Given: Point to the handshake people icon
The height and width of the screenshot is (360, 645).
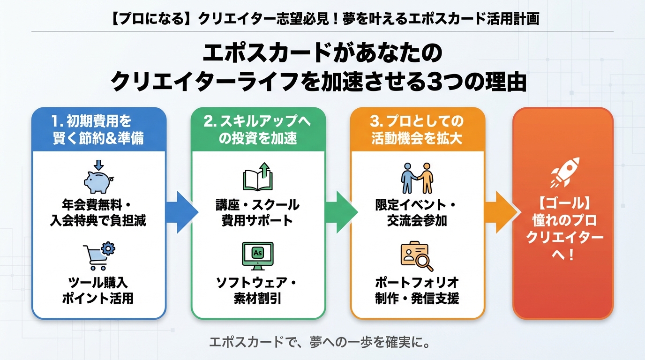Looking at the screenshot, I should coord(417,178).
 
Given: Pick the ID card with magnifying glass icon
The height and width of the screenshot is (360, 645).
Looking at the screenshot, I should coord(417,256).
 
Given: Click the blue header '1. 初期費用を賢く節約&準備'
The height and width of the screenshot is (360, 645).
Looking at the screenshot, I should coord(98,130).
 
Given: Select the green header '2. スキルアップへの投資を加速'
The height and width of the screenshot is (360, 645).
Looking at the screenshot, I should coord(257,130).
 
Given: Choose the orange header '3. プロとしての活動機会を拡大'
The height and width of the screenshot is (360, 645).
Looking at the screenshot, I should coord(417,130).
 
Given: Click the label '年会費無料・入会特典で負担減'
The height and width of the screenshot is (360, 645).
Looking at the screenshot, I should coord(98,213).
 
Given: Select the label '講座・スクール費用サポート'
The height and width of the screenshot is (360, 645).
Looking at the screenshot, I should coord(257,213).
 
